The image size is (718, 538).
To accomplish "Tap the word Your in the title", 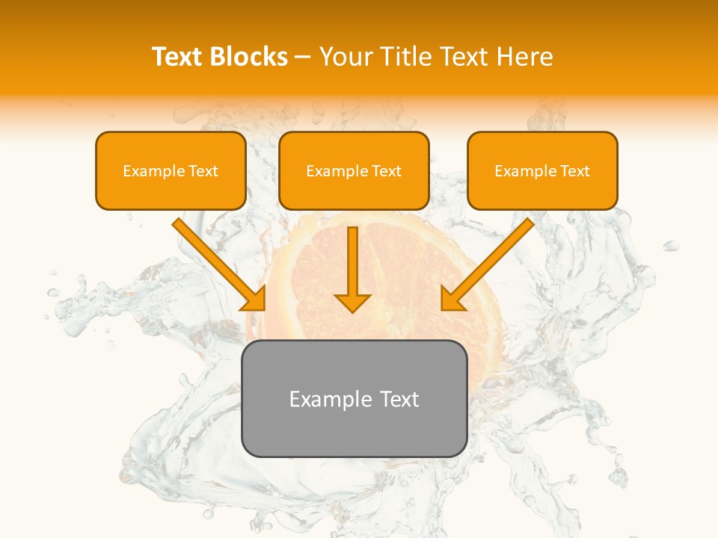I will [347, 57].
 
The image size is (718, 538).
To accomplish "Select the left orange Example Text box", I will [171, 170].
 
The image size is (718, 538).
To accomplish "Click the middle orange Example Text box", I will [354, 170].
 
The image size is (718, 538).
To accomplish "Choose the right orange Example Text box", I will [542, 170].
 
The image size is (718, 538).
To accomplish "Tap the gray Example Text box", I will [355, 398].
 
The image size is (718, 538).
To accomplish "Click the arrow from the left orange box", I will [217, 262].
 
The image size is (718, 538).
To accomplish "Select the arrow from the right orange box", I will [489, 262].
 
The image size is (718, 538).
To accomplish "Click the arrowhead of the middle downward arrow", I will [353, 302].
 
